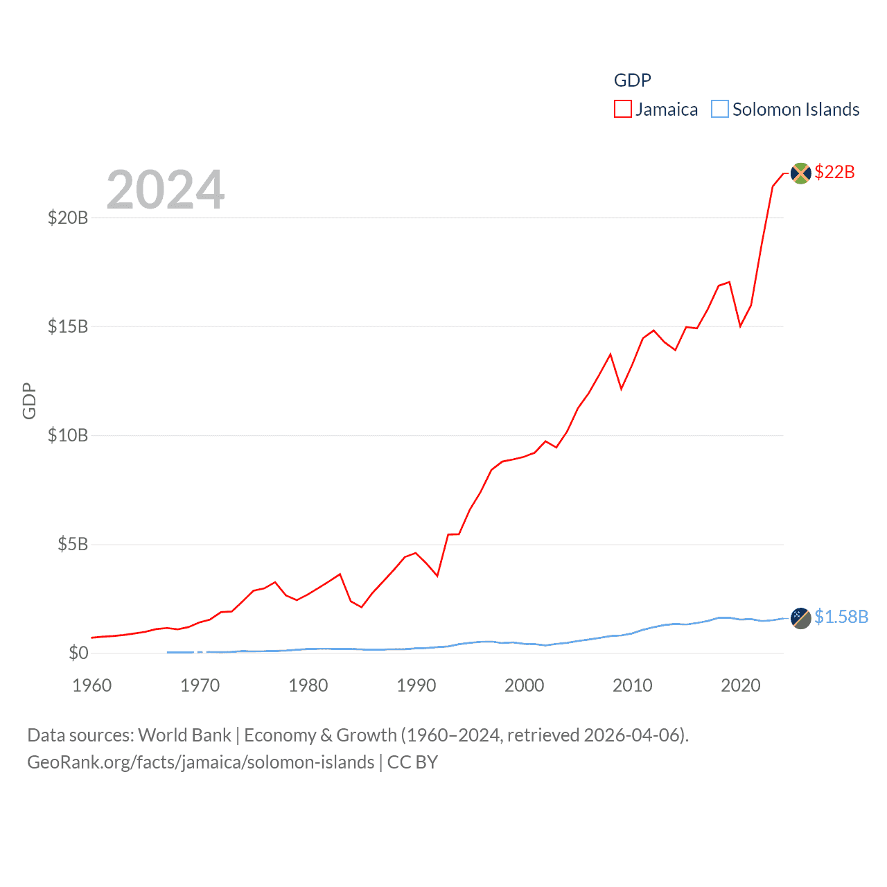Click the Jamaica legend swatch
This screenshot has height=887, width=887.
pyautogui.click(x=622, y=109)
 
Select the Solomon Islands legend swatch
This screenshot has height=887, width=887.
pyautogui.click(x=720, y=109)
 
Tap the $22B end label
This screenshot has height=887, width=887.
pyautogui.click(x=834, y=172)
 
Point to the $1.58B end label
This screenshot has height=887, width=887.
pyautogui.click(x=841, y=617)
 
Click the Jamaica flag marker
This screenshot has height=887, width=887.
pyautogui.click(x=800, y=173)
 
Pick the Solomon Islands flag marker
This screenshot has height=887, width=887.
pyautogui.click(x=800, y=618)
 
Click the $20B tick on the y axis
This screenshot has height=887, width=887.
pyautogui.click(x=68, y=218)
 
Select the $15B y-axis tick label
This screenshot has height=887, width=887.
pyautogui.click(x=68, y=326)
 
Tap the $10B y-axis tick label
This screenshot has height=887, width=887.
pyautogui.click(x=68, y=435)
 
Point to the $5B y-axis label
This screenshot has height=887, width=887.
pyautogui.click(x=73, y=544)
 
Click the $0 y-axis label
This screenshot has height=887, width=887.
pyautogui.click(x=78, y=653)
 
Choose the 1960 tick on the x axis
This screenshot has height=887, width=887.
pyautogui.click(x=92, y=685)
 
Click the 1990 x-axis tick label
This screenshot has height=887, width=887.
pyautogui.click(x=416, y=685)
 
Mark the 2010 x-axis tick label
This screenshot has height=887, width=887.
pyautogui.click(x=633, y=685)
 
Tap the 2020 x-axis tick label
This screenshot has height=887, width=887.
pyautogui.click(x=741, y=685)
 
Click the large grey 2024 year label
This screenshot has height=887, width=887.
pyautogui.click(x=166, y=190)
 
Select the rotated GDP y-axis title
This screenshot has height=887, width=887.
pyautogui.click(x=29, y=401)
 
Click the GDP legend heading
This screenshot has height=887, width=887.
pyautogui.click(x=632, y=80)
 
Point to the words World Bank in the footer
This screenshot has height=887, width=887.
pyautogui.click(x=184, y=735)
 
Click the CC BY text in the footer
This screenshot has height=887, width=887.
pyautogui.click(x=412, y=762)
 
